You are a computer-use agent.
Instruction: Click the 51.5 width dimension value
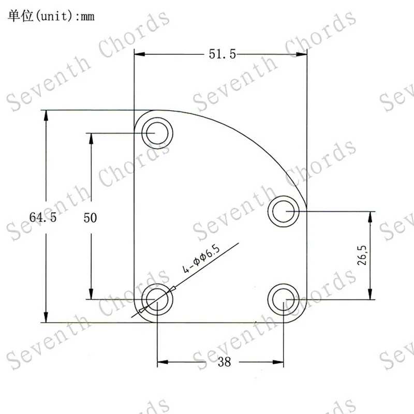click(x=222, y=54)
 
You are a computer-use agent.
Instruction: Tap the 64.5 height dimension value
click(x=43, y=217)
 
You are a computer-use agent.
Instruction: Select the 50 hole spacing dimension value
click(x=90, y=218)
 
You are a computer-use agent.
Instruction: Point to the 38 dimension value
click(x=225, y=362)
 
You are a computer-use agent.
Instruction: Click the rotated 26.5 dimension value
click(x=362, y=255)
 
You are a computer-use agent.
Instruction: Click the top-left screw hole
click(x=157, y=133)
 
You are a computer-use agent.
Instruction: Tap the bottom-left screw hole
click(x=157, y=300)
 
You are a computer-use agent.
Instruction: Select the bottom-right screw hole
click(x=283, y=300)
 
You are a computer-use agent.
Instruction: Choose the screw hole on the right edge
click(x=283, y=211)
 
